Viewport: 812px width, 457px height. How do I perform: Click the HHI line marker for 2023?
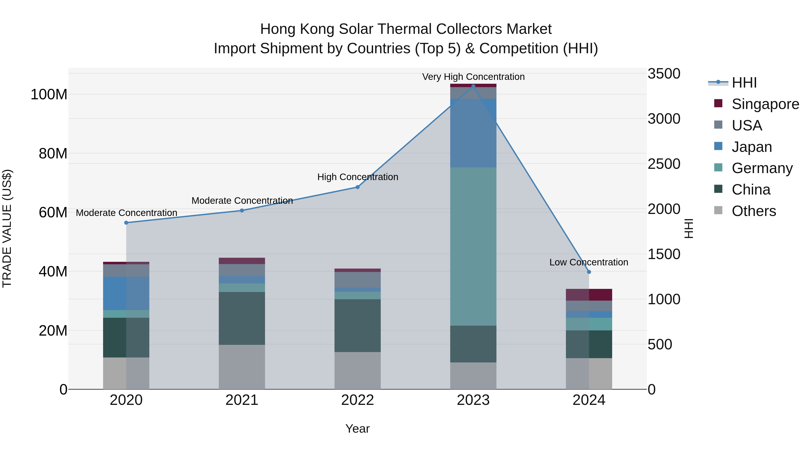(x=473, y=86)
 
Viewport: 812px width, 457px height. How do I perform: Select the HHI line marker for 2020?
(x=126, y=223)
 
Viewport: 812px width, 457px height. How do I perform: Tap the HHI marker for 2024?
(x=589, y=272)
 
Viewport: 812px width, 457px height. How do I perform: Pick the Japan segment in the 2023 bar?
(x=473, y=133)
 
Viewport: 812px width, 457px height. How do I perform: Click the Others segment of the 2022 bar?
(x=358, y=371)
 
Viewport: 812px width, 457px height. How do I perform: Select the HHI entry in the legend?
(x=744, y=83)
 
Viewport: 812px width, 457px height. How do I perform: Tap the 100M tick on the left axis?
(x=49, y=94)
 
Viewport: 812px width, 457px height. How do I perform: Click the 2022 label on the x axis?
(x=358, y=400)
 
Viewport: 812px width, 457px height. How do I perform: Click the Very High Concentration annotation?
(x=473, y=77)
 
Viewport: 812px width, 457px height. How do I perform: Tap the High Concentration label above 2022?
(x=358, y=177)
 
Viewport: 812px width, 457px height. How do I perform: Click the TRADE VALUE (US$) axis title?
(x=7, y=228)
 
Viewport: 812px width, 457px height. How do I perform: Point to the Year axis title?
(x=358, y=429)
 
